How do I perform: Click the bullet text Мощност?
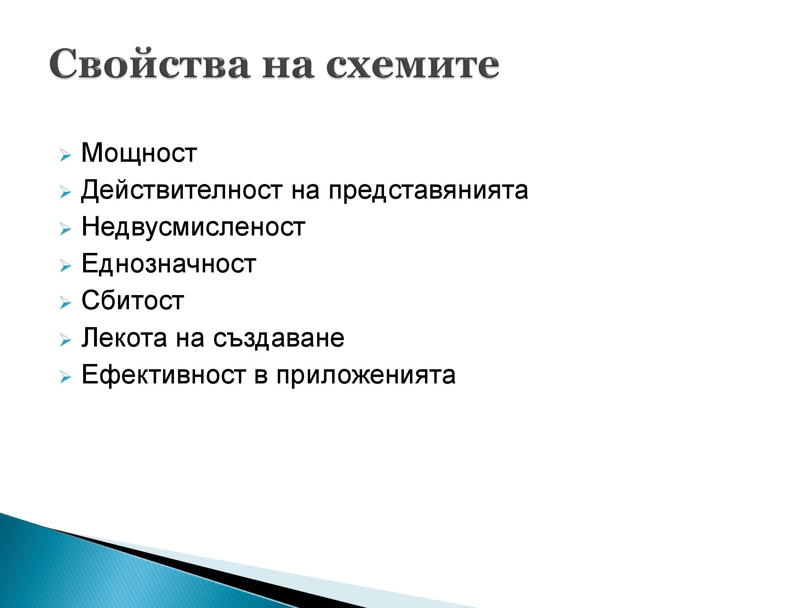tap(139, 153)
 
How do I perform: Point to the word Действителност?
tap(181, 190)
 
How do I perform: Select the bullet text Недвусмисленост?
tap(193, 227)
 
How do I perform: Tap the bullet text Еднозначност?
tap(169, 264)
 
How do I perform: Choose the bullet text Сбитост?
tap(133, 301)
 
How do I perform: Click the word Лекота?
tap(124, 338)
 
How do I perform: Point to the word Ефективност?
tap(163, 375)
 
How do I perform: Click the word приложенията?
tap(366, 375)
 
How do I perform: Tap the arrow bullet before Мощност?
tap(65, 155)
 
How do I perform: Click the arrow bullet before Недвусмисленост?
tap(65, 229)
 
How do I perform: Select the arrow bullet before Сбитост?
tap(65, 303)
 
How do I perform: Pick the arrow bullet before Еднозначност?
tap(65, 266)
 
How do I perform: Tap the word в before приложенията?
tap(261, 375)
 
